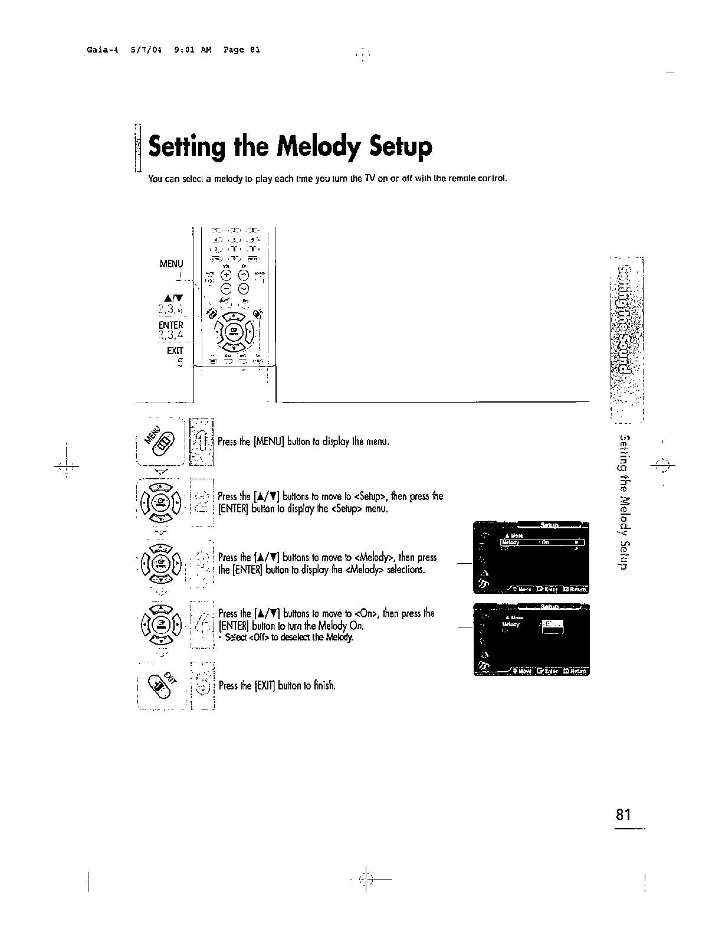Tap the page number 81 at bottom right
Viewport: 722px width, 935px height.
623,815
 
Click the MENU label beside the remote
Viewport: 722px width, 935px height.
171,263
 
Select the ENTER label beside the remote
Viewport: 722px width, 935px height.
171,325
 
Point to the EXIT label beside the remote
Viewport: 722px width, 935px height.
175,351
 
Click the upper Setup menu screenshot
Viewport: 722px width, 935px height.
531,557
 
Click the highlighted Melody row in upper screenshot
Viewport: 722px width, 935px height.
542,542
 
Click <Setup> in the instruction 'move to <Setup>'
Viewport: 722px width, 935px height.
372,496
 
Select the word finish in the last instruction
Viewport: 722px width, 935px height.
323,686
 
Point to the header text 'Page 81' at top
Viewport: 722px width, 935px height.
242,50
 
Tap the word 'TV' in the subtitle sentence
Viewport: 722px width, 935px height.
370,178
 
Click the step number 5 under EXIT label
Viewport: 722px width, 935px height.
180,363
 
